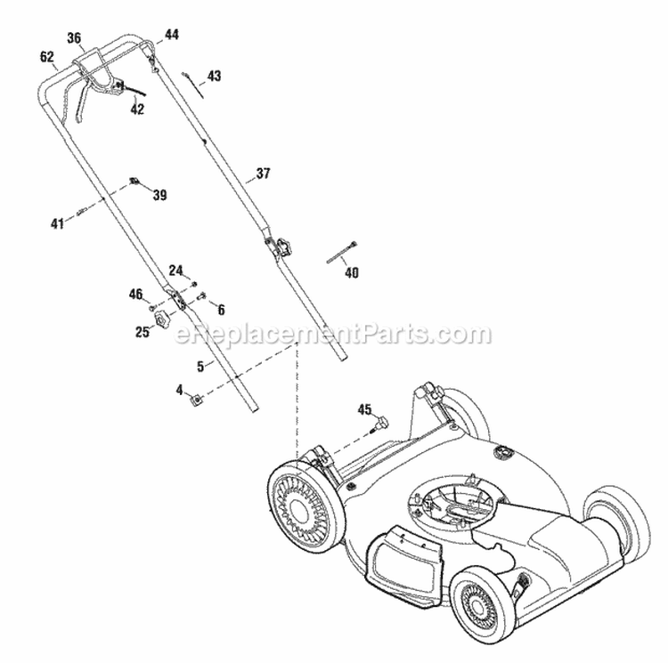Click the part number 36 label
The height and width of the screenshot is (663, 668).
[74, 37]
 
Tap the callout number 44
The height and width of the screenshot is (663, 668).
[171, 35]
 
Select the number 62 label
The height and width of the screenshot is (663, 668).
[47, 56]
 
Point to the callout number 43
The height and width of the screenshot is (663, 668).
[215, 76]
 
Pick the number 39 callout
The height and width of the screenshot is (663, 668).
[159, 195]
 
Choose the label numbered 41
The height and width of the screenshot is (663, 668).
[58, 224]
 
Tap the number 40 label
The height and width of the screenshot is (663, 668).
[352, 273]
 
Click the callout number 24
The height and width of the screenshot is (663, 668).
[175, 270]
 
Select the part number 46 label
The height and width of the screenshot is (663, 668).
[135, 293]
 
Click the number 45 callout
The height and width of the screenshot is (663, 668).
[363, 409]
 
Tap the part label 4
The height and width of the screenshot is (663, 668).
[179, 389]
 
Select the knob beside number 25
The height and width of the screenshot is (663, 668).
[162, 318]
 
